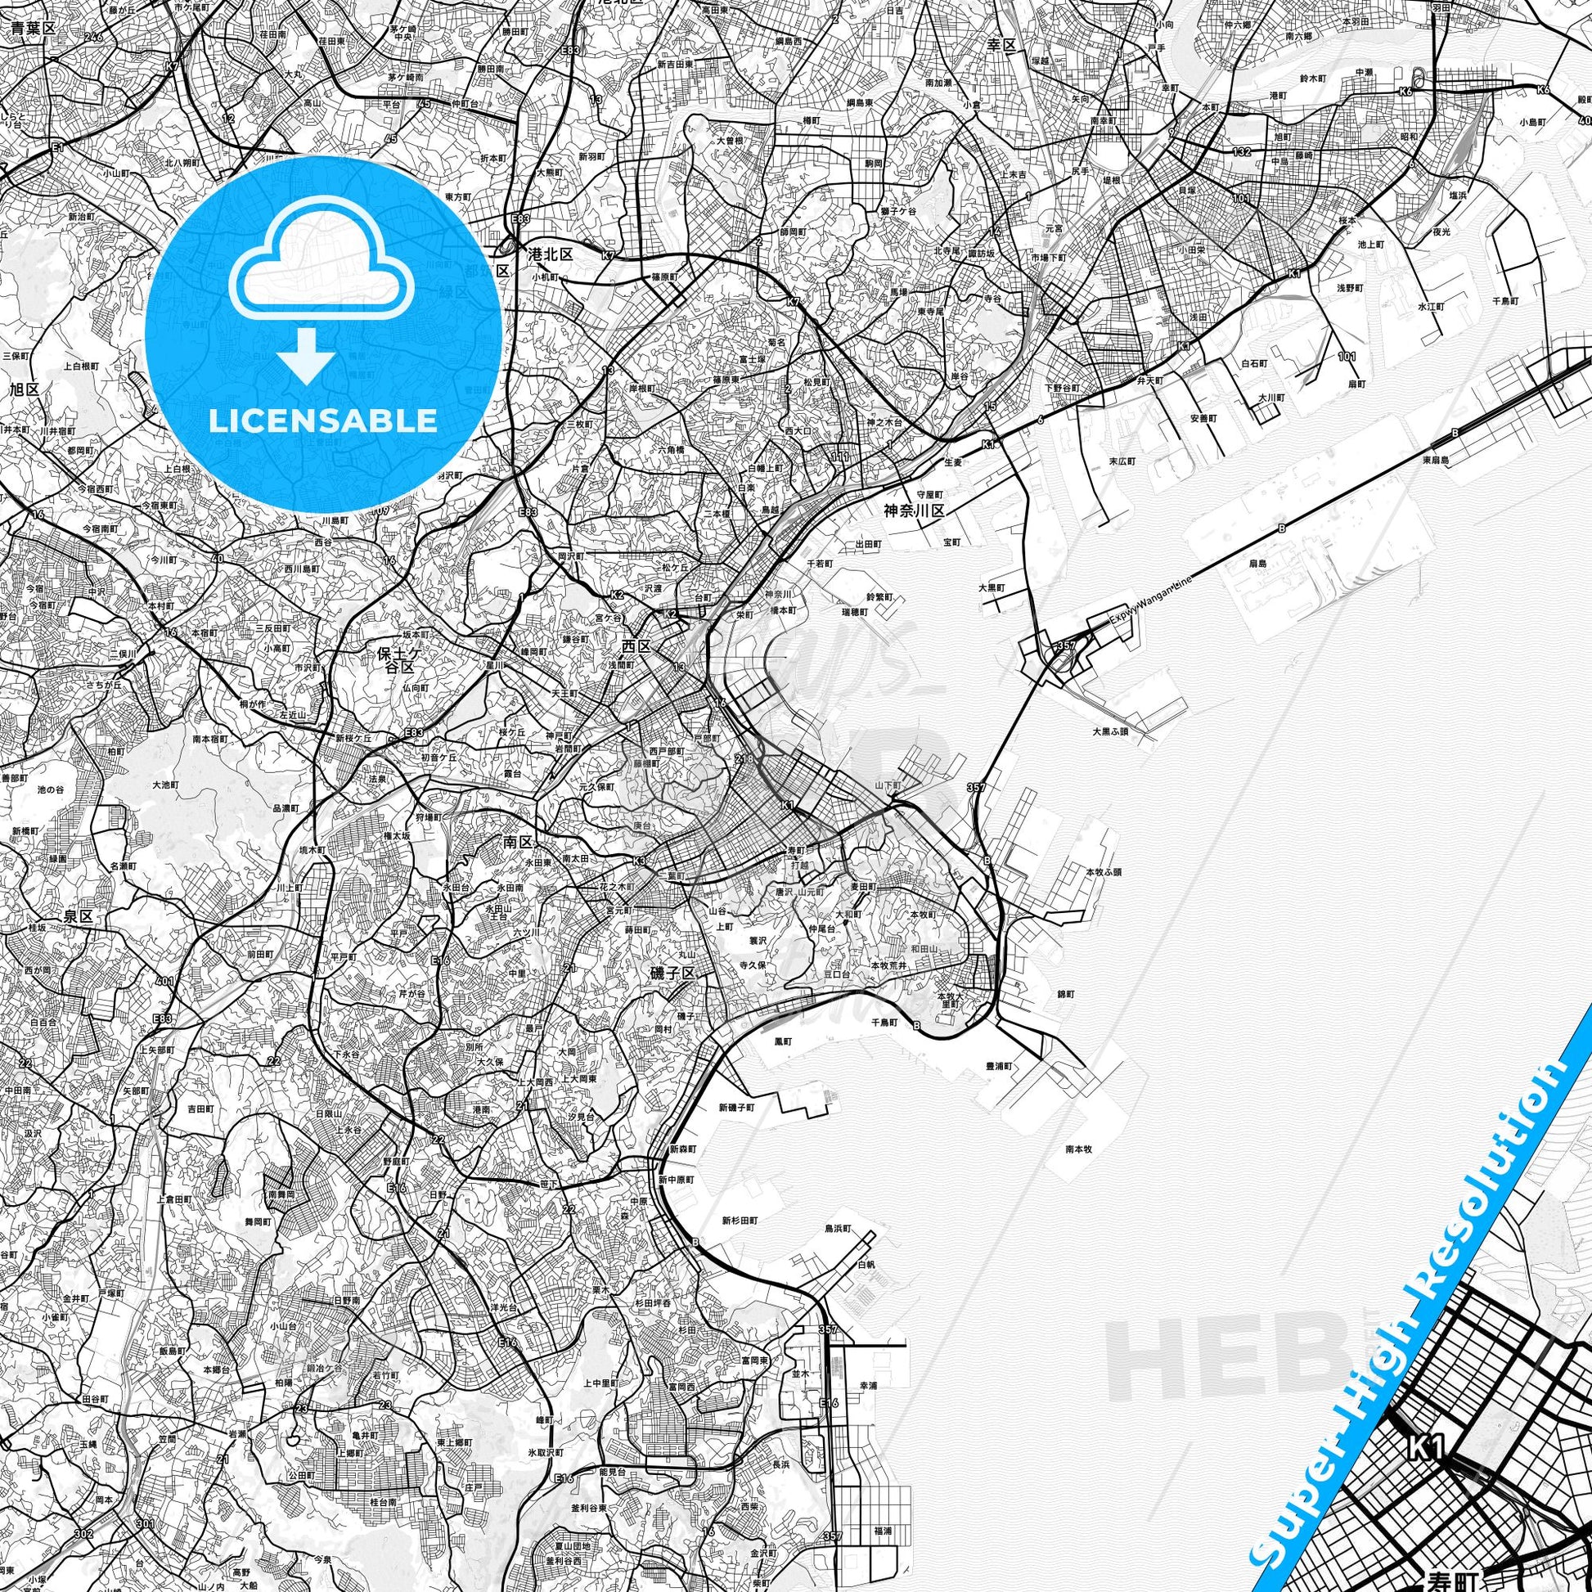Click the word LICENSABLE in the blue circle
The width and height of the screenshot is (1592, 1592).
coord(322,420)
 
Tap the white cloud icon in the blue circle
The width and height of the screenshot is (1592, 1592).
coord(322,263)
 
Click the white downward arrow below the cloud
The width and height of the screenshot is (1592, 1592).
coord(306,354)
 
